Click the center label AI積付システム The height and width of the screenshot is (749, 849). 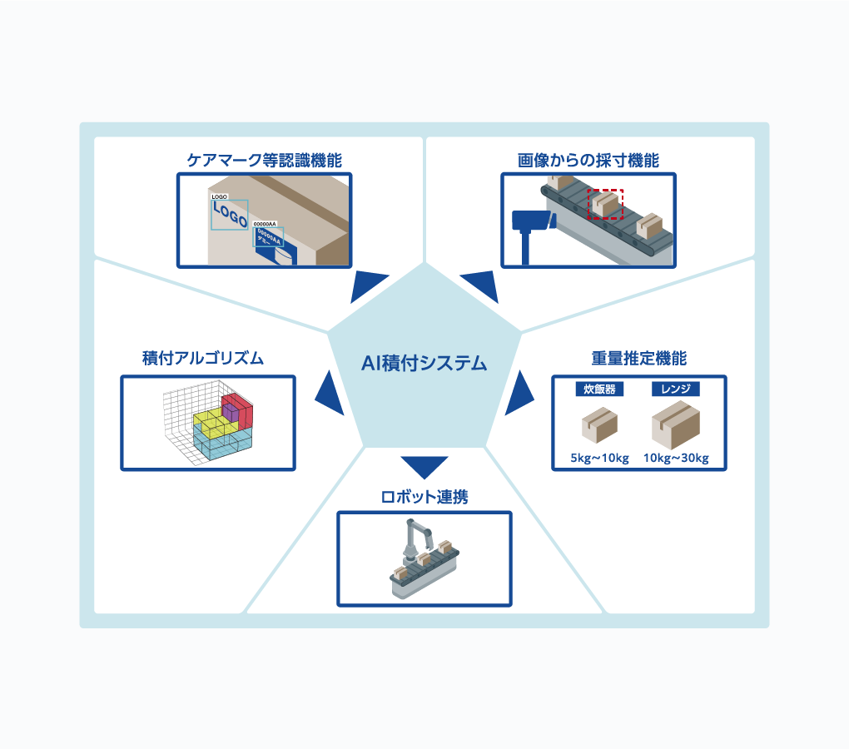424,364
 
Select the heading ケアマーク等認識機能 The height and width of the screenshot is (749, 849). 264,161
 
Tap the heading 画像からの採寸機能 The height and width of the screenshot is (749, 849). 588,161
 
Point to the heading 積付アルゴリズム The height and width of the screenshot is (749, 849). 203,359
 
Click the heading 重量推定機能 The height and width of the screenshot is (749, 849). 638,359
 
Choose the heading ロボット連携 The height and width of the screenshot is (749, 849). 424,498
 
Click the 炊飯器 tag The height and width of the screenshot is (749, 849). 599,389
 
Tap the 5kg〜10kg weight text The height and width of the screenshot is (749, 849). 599,458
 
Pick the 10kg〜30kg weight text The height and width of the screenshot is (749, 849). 675,458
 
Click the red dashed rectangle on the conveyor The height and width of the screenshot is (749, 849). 605,204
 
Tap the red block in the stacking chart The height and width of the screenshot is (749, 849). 242,409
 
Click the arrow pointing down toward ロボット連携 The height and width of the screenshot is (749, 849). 424,466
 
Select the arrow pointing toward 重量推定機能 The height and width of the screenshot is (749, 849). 520,393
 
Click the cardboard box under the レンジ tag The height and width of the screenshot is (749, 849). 675,426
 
